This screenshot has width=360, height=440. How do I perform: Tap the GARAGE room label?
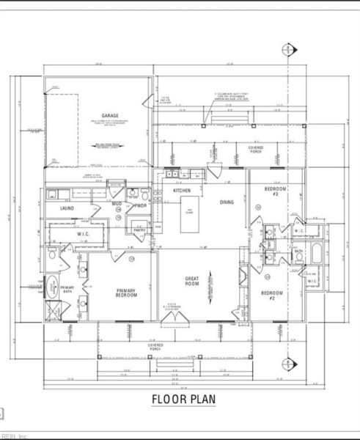pyautogui.click(x=110, y=116)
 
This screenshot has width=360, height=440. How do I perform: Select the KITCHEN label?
pyautogui.click(x=182, y=191)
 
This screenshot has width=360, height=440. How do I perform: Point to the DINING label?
pyautogui.click(x=227, y=202)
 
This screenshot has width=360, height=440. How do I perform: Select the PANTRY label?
pyautogui.click(x=139, y=230)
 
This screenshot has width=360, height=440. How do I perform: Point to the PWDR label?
pyautogui.click(x=141, y=205)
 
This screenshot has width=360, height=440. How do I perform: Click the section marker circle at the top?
pyautogui.click(x=287, y=50)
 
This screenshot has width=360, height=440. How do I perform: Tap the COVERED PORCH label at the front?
pyautogui.click(x=153, y=346)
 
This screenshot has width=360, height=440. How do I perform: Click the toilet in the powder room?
pyautogui.click(x=133, y=194)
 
